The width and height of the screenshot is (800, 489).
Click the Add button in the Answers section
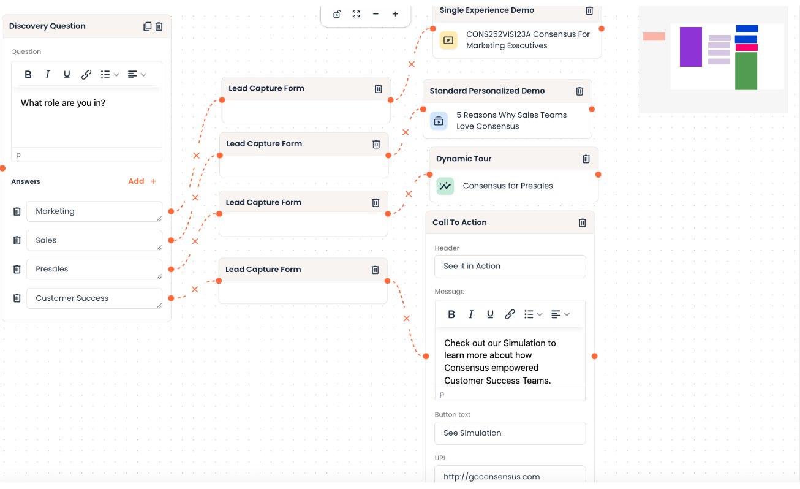142,181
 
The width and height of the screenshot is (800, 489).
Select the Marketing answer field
94,211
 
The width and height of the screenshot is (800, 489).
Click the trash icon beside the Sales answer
17,240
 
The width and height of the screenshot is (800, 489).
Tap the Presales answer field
94,269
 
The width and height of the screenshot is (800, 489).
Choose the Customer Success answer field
94,298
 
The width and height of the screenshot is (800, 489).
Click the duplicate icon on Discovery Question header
147,26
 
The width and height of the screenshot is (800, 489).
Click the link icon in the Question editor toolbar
86,75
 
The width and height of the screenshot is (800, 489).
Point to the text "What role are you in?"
63,103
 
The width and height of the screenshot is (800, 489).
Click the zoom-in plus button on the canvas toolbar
395,14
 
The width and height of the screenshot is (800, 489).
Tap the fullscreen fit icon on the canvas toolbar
356,14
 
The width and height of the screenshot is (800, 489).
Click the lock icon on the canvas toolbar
337,14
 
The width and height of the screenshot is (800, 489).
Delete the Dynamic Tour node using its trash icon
586,159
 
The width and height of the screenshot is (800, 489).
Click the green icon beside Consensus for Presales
445,186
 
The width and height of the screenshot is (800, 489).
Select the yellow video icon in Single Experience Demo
448,40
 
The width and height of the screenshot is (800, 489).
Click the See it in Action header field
510,266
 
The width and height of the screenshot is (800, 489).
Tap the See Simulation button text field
510,433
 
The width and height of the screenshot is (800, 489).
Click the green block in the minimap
746,71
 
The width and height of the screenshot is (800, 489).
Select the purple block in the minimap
691,47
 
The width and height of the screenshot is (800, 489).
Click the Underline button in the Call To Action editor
490,314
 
